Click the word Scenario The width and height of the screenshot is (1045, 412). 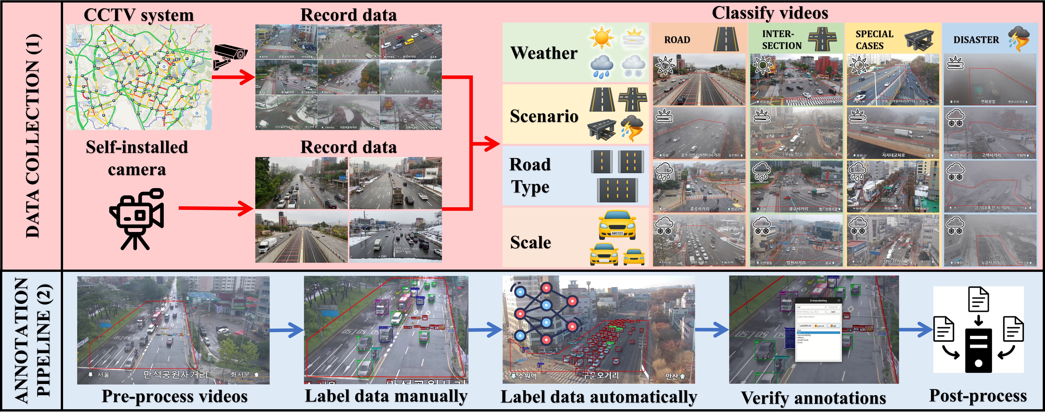pyautogui.click(x=544, y=116)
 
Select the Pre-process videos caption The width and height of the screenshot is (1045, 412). pyautogui.click(x=174, y=396)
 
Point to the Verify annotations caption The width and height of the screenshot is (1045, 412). pyautogui.click(x=813, y=398)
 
